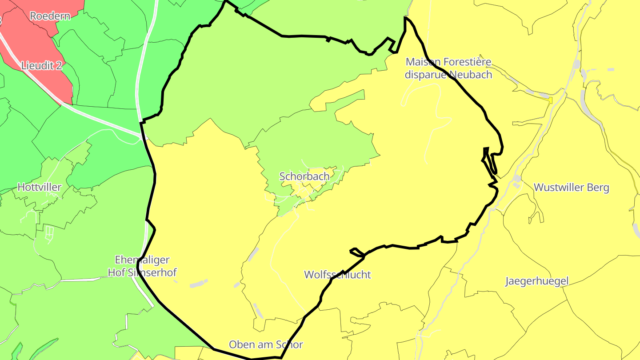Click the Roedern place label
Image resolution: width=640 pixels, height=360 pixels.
click(50, 16)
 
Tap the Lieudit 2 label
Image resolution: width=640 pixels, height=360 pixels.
click(42, 66)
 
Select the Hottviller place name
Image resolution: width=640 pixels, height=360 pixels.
click(39, 187)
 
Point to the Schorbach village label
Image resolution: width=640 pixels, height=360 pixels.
click(304, 176)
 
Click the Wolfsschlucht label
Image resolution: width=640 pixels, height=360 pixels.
click(337, 275)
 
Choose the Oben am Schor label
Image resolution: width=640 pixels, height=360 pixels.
click(266, 344)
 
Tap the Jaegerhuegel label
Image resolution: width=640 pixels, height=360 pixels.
click(536, 281)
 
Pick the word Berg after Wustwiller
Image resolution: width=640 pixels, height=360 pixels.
click(598, 187)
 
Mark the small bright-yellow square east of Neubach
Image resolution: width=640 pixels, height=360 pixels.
click(551, 100)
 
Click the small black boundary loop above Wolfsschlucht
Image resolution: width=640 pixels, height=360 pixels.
click(357, 252)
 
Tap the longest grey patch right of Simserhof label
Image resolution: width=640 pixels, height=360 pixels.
click(198, 283)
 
